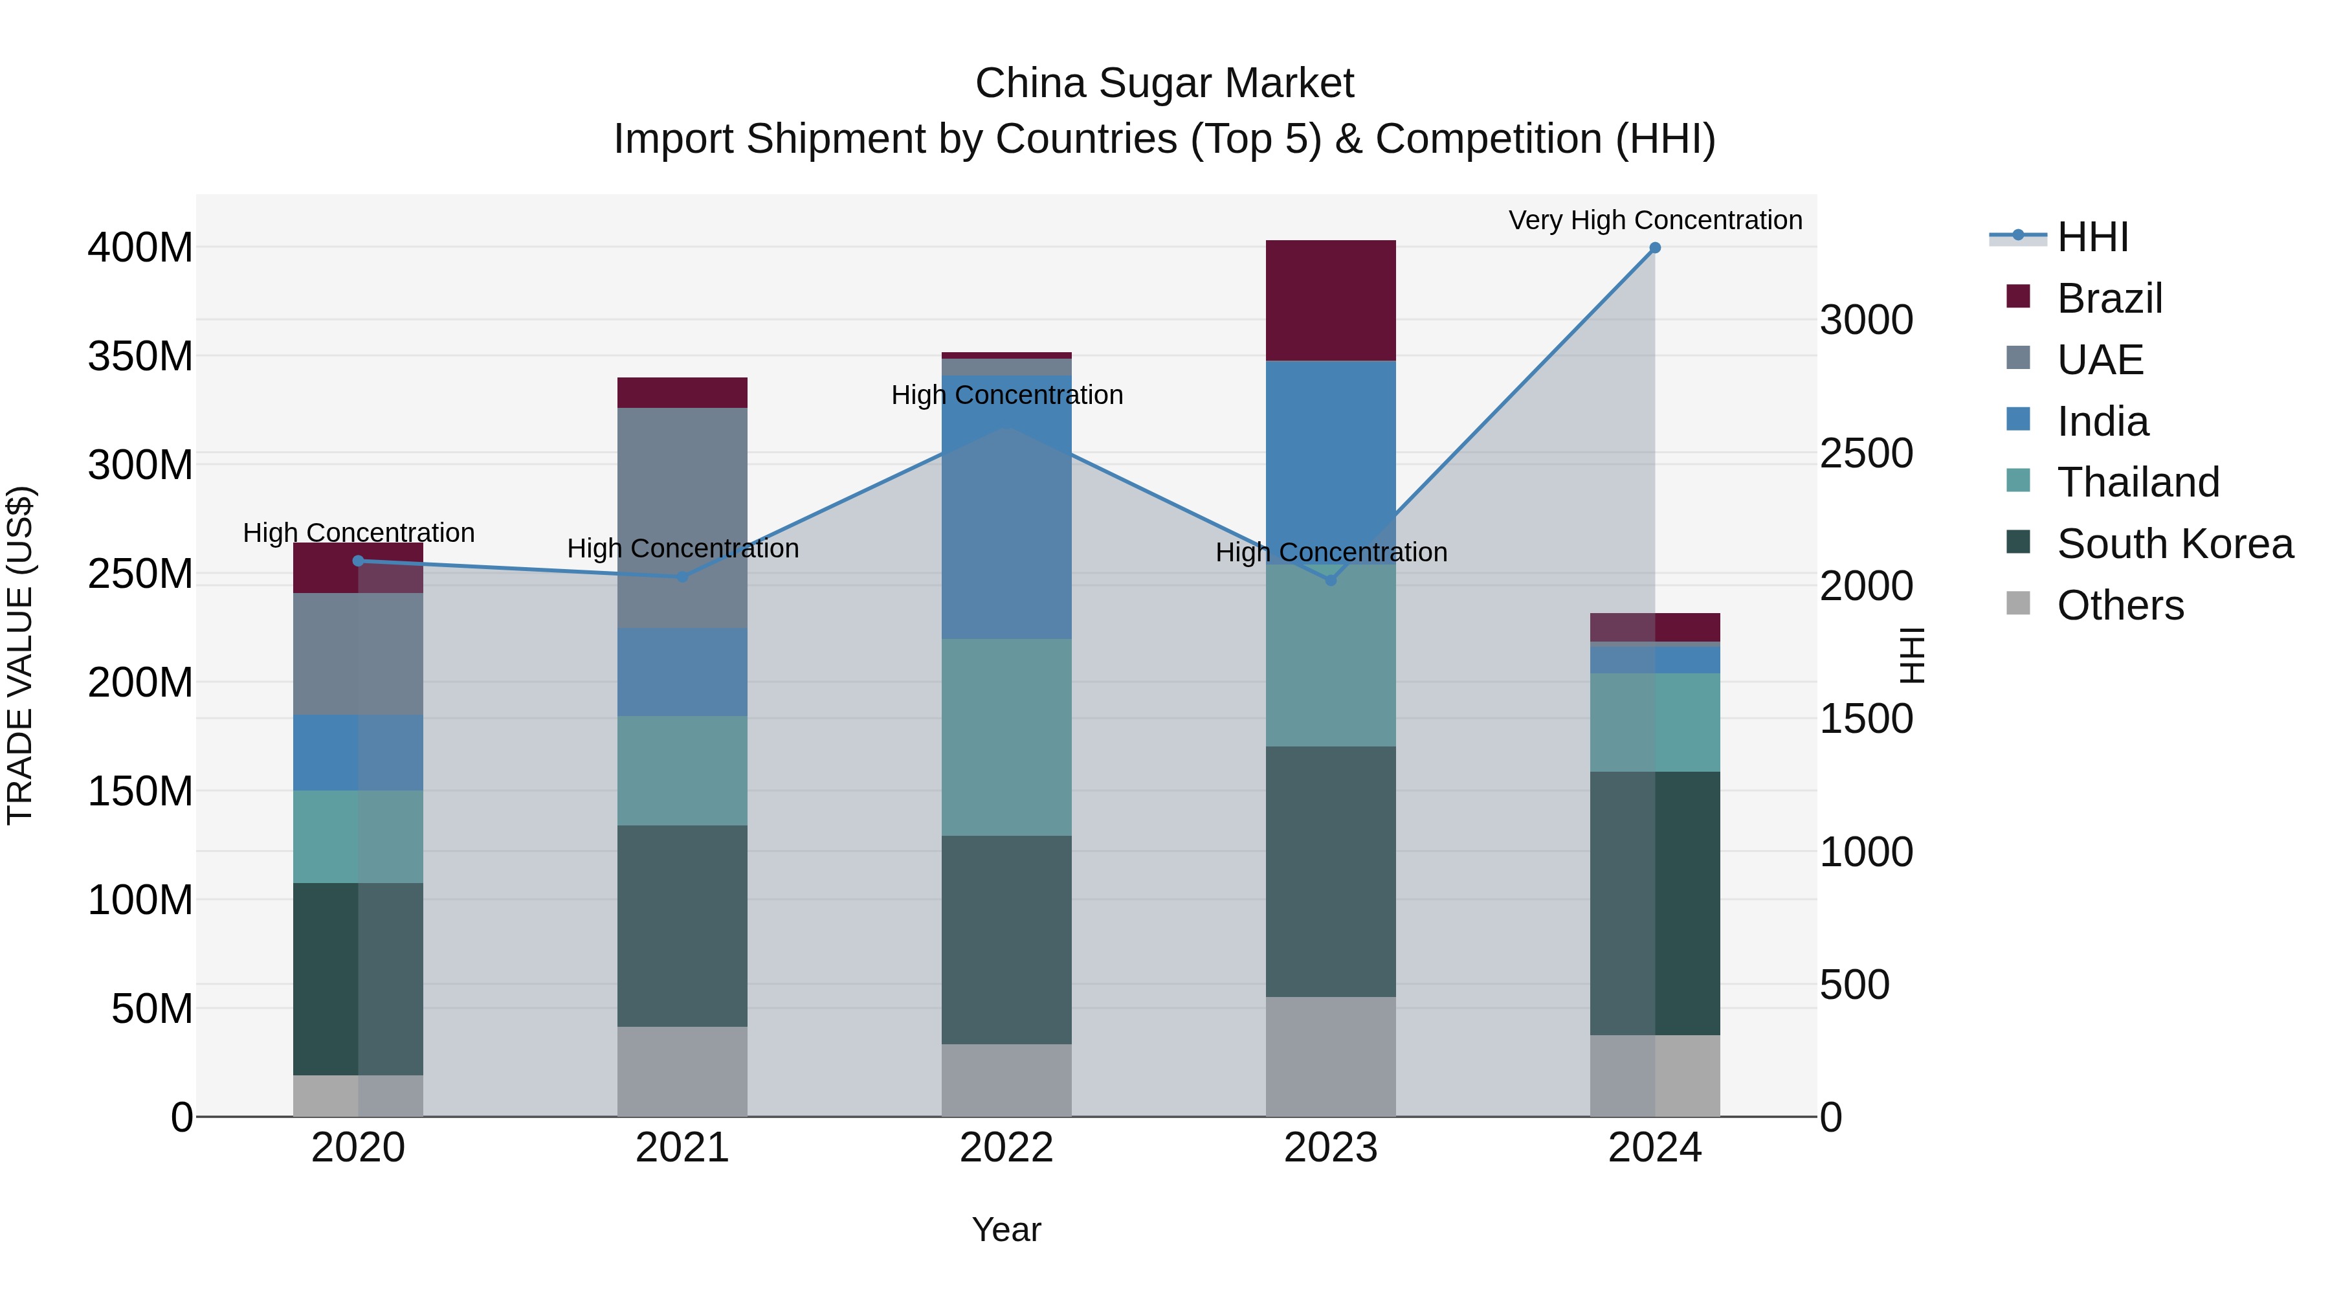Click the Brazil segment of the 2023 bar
pyautogui.click(x=1331, y=300)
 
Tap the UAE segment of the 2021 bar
pyautogui.click(x=682, y=517)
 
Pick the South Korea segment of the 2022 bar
pyautogui.click(x=1006, y=939)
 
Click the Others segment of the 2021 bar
pyautogui.click(x=682, y=1071)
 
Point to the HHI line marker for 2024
pyautogui.click(x=1654, y=248)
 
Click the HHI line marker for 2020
pyautogui.click(x=358, y=561)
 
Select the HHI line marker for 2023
pyautogui.click(x=1331, y=580)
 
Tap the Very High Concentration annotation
pyautogui.click(x=1654, y=220)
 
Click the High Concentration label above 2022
pyautogui.click(x=1006, y=396)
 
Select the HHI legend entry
pyautogui.click(x=2091, y=237)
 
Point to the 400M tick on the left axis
pyautogui.click(x=140, y=248)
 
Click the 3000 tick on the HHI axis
pyautogui.click(x=1866, y=320)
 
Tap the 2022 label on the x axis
pyautogui.click(x=1006, y=1148)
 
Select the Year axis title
pyautogui.click(x=1006, y=1229)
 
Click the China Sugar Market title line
pyautogui.click(x=1164, y=84)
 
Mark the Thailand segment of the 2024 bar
pyautogui.click(x=1654, y=722)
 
